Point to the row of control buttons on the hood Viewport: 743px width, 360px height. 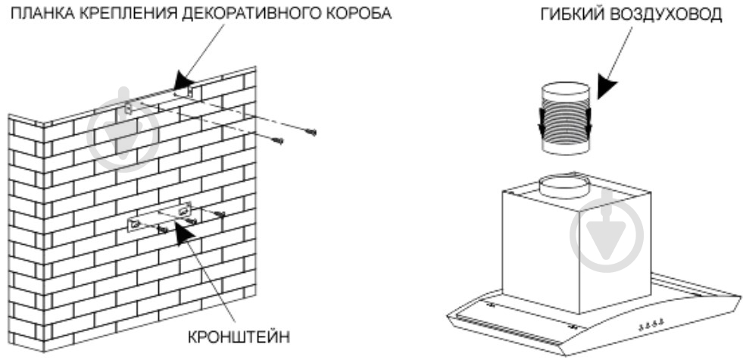(651, 324)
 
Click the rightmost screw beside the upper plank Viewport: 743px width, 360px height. (311, 133)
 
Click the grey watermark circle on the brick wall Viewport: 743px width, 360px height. (123, 135)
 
